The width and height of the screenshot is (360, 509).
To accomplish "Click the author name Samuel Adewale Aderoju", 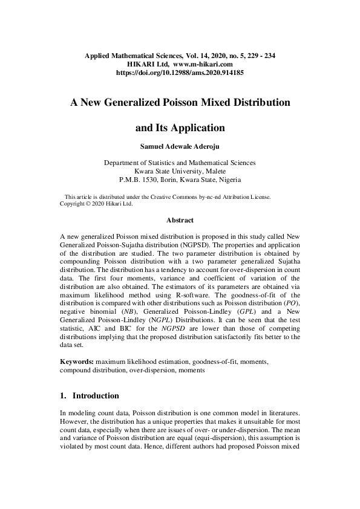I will coord(180,145).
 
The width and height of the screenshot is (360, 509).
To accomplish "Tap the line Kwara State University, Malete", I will coord(180,171).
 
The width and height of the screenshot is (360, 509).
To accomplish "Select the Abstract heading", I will coord(180,221).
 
